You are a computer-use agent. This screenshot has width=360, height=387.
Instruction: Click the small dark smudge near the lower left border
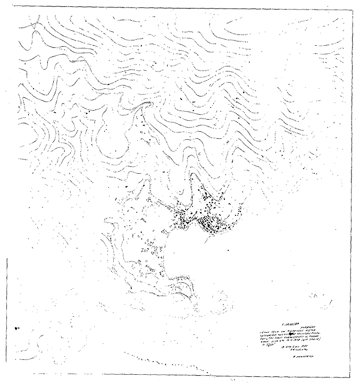(18, 328)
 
